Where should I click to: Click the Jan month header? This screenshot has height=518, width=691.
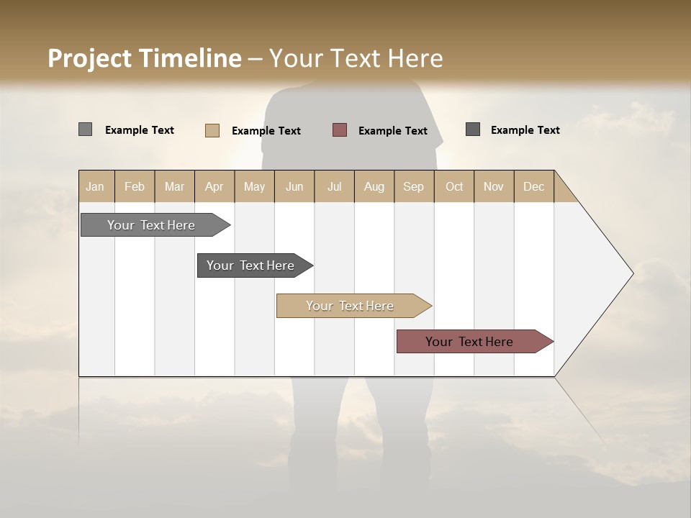pyautogui.click(x=96, y=186)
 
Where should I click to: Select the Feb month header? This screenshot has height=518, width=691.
pyautogui.click(x=135, y=186)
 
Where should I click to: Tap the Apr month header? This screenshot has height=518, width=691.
pyautogui.click(x=214, y=186)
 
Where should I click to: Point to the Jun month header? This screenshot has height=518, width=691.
pyautogui.click(x=294, y=186)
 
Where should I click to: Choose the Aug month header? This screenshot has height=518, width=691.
pyautogui.click(x=374, y=186)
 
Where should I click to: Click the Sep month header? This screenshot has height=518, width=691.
pyautogui.click(x=414, y=186)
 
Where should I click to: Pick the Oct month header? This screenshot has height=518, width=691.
pyautogui.click(x=454, y=186)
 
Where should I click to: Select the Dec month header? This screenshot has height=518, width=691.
pyautogui.click(x=534, y=186)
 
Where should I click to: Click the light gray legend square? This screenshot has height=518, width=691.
pyautogui.click(x=85, y=129)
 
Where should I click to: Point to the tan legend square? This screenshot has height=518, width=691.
pyautogui.click(x=212, y=130)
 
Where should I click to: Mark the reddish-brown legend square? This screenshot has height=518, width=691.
pyautogui.click(x=340, y=130)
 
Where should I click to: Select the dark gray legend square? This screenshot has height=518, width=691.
pyautogui.click(x=473, y=129)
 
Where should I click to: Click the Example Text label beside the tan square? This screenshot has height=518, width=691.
pyautogui.click(x=266, y=131)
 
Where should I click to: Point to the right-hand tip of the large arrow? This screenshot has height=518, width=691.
pyautogui.click(x=632, y=273)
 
